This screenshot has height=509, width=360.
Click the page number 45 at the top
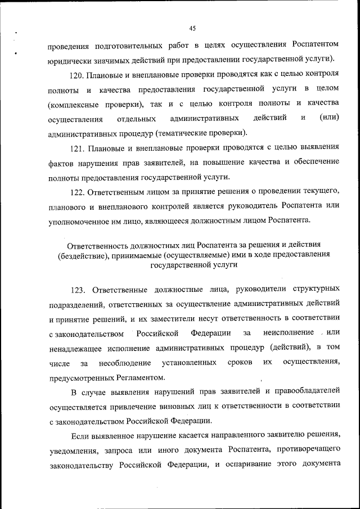pos(192,28)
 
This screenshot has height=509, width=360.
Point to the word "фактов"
pos(61,163)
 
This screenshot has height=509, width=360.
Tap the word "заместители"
pos(195,319)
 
